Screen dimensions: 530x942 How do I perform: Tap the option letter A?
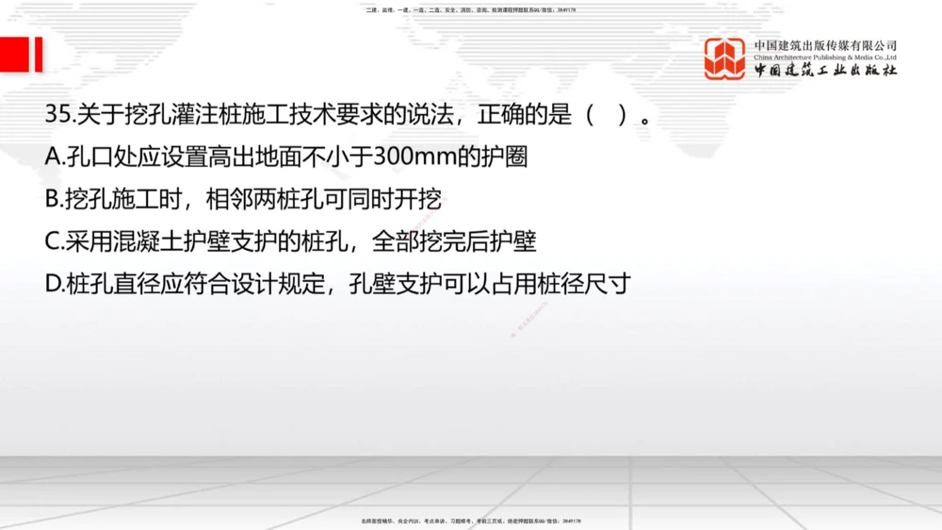(53, 157)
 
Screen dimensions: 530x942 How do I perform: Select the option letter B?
(53, 200)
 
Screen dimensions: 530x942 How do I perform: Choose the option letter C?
(53, 241)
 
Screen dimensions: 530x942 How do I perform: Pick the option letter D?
(53, 283)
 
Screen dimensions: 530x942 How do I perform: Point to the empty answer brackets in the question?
(607, 116)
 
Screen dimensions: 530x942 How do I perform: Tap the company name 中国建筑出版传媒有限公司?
(825, 45)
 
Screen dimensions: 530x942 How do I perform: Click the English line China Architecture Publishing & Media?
(825, 58)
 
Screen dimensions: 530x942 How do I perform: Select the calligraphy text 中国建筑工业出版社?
(825, 72)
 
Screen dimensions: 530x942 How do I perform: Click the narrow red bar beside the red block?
(39, 55)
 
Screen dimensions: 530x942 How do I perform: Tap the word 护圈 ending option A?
(521, 157)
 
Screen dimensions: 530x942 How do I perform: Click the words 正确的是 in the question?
(524, 116)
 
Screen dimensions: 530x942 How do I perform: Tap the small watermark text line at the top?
(470, 9)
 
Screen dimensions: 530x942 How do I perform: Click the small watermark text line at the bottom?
(470, 520)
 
